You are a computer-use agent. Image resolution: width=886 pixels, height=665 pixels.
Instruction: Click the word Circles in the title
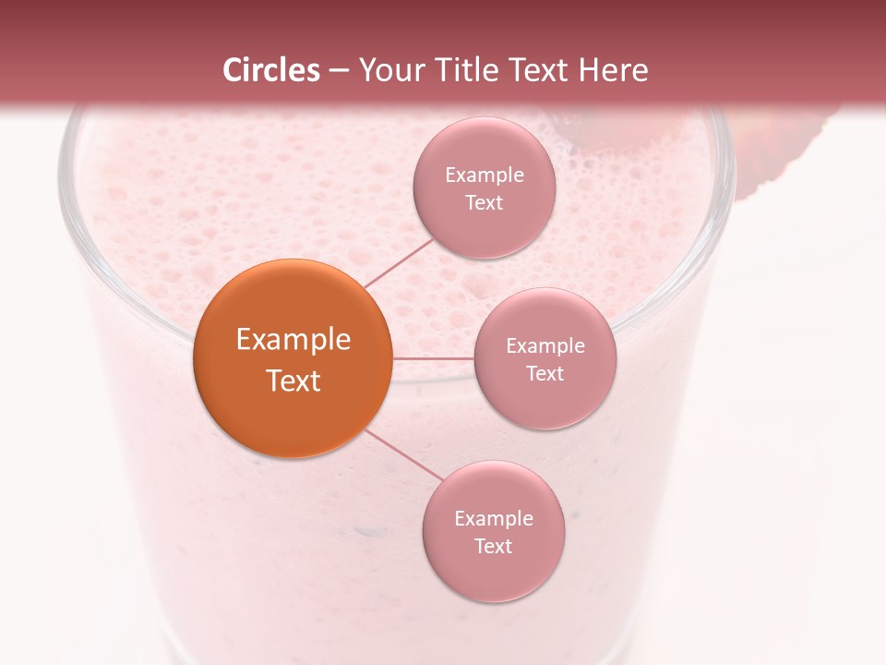270,70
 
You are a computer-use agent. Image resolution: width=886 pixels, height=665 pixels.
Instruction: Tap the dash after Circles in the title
339,71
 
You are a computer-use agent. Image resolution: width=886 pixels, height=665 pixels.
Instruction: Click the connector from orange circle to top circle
399,262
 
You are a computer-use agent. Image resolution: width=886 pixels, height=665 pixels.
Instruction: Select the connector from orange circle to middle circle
434,358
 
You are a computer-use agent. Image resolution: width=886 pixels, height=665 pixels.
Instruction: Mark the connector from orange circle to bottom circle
404,455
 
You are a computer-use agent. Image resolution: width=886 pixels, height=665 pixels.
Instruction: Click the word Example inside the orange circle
293,340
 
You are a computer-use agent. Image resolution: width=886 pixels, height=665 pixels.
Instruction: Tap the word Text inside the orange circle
293,381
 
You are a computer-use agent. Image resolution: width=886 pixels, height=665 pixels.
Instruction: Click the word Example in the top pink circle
484,175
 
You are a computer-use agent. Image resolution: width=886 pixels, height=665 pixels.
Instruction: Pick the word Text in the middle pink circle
545,373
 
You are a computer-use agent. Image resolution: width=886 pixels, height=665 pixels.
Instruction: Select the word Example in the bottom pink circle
493,519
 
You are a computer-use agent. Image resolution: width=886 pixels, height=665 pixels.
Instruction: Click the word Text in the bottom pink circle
493,547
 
